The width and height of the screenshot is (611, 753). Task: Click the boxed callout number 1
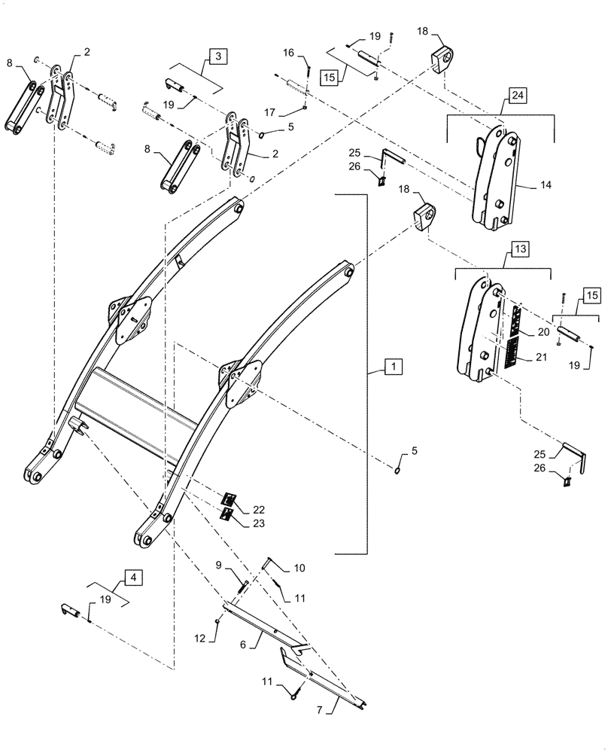tap(391, 367)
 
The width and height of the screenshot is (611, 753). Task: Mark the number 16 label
tap(290, 53)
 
